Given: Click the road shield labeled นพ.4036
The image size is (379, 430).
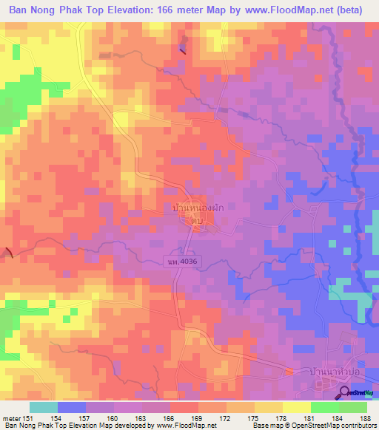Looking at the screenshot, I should click(184, 261).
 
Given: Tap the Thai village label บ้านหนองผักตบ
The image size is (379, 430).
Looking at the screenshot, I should click(198, 214).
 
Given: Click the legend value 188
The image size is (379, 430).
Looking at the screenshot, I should click(366, 417).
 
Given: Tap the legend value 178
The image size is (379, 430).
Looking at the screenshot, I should click(282, 417).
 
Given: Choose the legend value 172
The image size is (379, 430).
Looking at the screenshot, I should click(226, 417).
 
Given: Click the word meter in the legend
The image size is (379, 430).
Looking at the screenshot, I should click(12, 417).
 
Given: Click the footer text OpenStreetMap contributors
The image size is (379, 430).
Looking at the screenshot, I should click(330, 426).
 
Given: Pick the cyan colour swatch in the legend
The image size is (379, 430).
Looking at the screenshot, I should click(44, 407).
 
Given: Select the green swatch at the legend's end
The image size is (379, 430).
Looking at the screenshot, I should click(352, 407).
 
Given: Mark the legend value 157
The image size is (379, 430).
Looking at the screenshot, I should click(85, 417).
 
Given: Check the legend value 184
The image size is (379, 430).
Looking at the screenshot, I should click(338, 417).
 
